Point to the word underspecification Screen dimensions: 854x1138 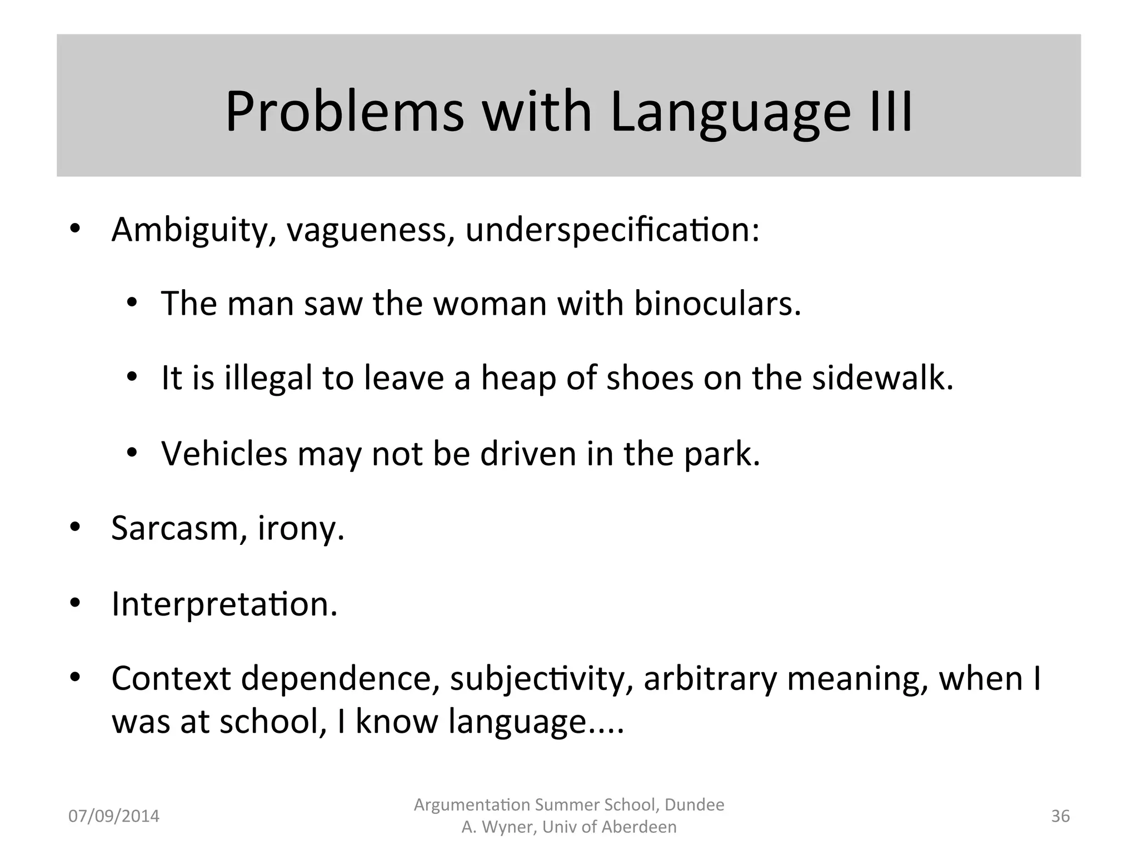click(612, 230)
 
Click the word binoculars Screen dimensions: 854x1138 click(717, 304)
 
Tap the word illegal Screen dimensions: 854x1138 click(268, 378)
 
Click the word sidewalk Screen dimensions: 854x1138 click(882, 378)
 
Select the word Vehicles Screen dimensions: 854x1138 click(224, 454)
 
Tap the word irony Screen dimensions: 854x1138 click(301, 529)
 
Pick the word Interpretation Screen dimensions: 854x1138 click(224, 604)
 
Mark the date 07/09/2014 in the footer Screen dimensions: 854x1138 click(113, 816)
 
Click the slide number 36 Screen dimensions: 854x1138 click(1060, 816)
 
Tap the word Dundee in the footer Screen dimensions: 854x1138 click(694, 805)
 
